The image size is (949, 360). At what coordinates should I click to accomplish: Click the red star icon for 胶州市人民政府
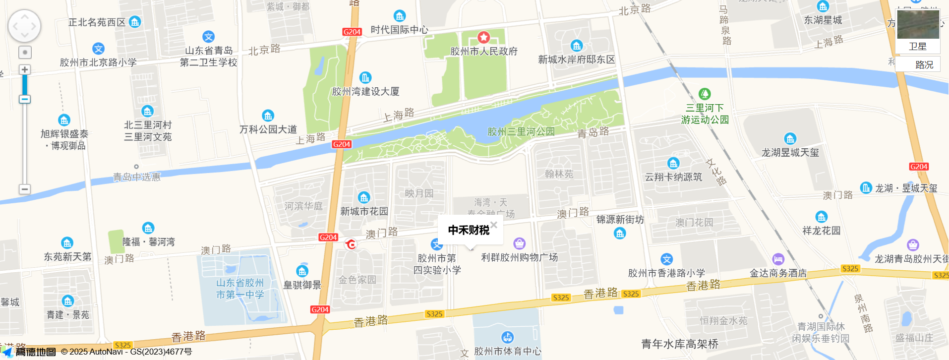point(483,37)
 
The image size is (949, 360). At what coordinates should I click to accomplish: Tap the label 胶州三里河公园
point(521,132)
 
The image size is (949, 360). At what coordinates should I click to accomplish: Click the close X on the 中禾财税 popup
point(494,225)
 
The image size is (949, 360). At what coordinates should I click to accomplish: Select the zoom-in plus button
point(25,70)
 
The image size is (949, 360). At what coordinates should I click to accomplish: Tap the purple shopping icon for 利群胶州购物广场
point(519,243)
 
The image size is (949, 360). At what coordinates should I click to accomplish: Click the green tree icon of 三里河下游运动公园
point(705,94)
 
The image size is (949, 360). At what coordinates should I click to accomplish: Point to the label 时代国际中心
point(399,30)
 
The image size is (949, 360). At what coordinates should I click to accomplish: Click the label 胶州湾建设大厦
point(365,92)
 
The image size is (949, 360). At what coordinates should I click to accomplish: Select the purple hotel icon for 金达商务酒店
point(778,259)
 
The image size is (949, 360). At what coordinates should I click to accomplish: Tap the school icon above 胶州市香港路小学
point(666,259)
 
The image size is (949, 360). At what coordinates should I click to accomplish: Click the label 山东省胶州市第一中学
point(240,289)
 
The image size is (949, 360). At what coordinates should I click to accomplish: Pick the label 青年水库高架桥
point(679,344)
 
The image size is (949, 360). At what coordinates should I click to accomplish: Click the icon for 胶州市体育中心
point(507,337)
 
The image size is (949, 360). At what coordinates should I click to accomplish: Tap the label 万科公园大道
point(268,129)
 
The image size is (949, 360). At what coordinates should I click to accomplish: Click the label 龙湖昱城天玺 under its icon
point(790,153)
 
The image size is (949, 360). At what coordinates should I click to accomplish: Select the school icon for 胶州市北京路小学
point(99,49)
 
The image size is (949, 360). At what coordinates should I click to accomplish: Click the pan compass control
point(24,26)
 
